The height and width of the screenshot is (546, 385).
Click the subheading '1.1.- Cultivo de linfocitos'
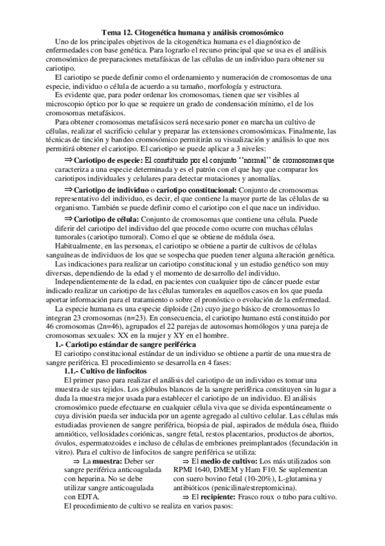click(x=106, y=372)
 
